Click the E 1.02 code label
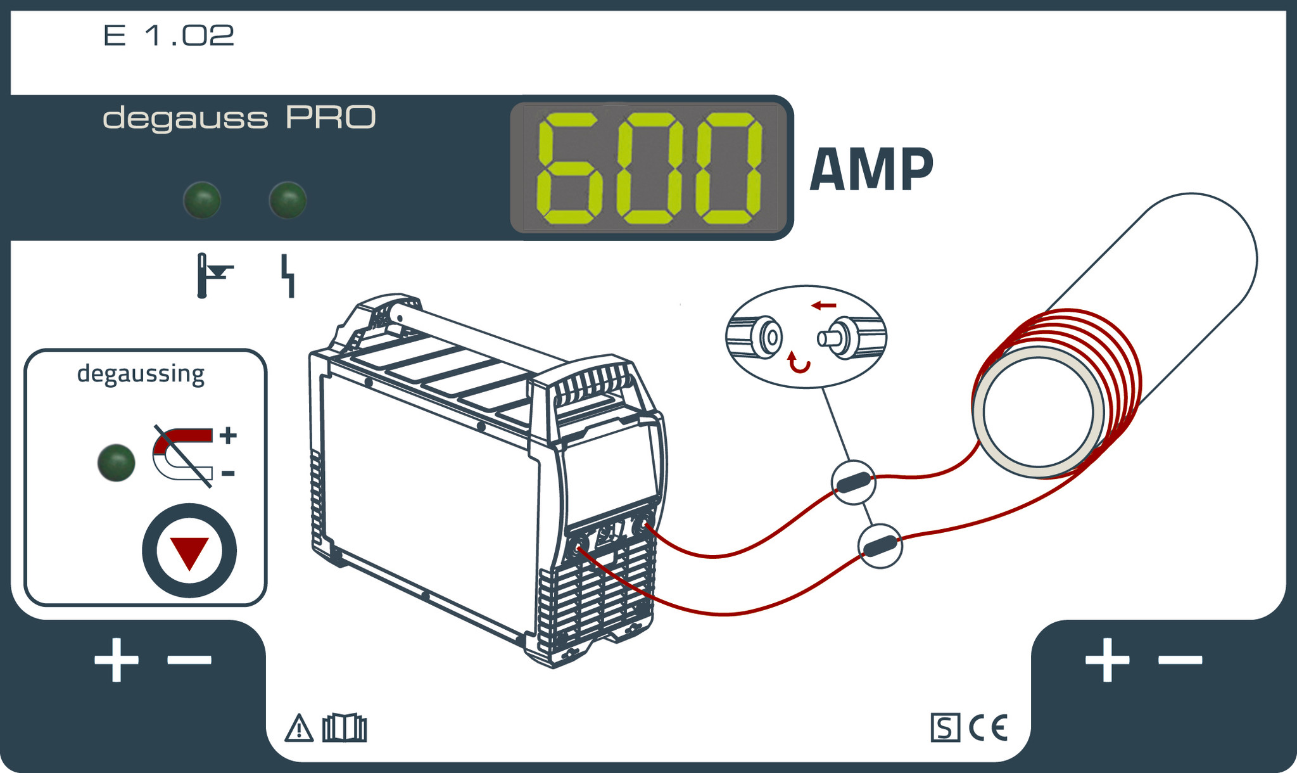pyautogui.click(x=168, y=35)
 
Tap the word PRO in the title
pyautogui.click(x=331, y=118)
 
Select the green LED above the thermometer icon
pyautogui.click(x=202, y=200)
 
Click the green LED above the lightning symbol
pyautogui.click(x=288, y=200)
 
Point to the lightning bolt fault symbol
pyautogui.click(x=289, y=276)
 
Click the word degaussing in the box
pyautogui.click(x=141, y=374)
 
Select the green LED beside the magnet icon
pyautogui.click(x=117, y=463)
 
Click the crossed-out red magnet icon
pyautogui.click(x=183, y=455)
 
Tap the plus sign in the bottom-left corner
pyautogui.click(x=117, y=660)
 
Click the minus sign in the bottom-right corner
pyautogui.click(x=1180, y=660)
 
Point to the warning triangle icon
pyautogui.click(x=299, y=728)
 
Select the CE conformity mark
pyautogui.click(x=988, y=727)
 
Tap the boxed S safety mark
pyautogui.click(x=945, y=727)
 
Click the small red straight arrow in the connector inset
pyautogui.click(x=824, y=306)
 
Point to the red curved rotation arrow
pyautogui.click(x=798, y=363)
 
